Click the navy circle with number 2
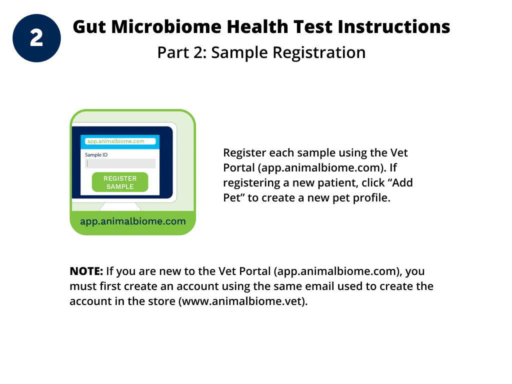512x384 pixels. (36, 38)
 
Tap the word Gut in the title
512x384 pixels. (89, 26)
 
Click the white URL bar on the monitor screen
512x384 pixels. (120, 141)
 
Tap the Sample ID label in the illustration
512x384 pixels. (96, 155)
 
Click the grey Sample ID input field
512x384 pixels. (120, 163)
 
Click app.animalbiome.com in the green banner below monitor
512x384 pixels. (132, 221)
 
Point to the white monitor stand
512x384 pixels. (120, 206)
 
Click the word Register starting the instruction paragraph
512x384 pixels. (244, 153)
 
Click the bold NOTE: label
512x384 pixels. (86, 271)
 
